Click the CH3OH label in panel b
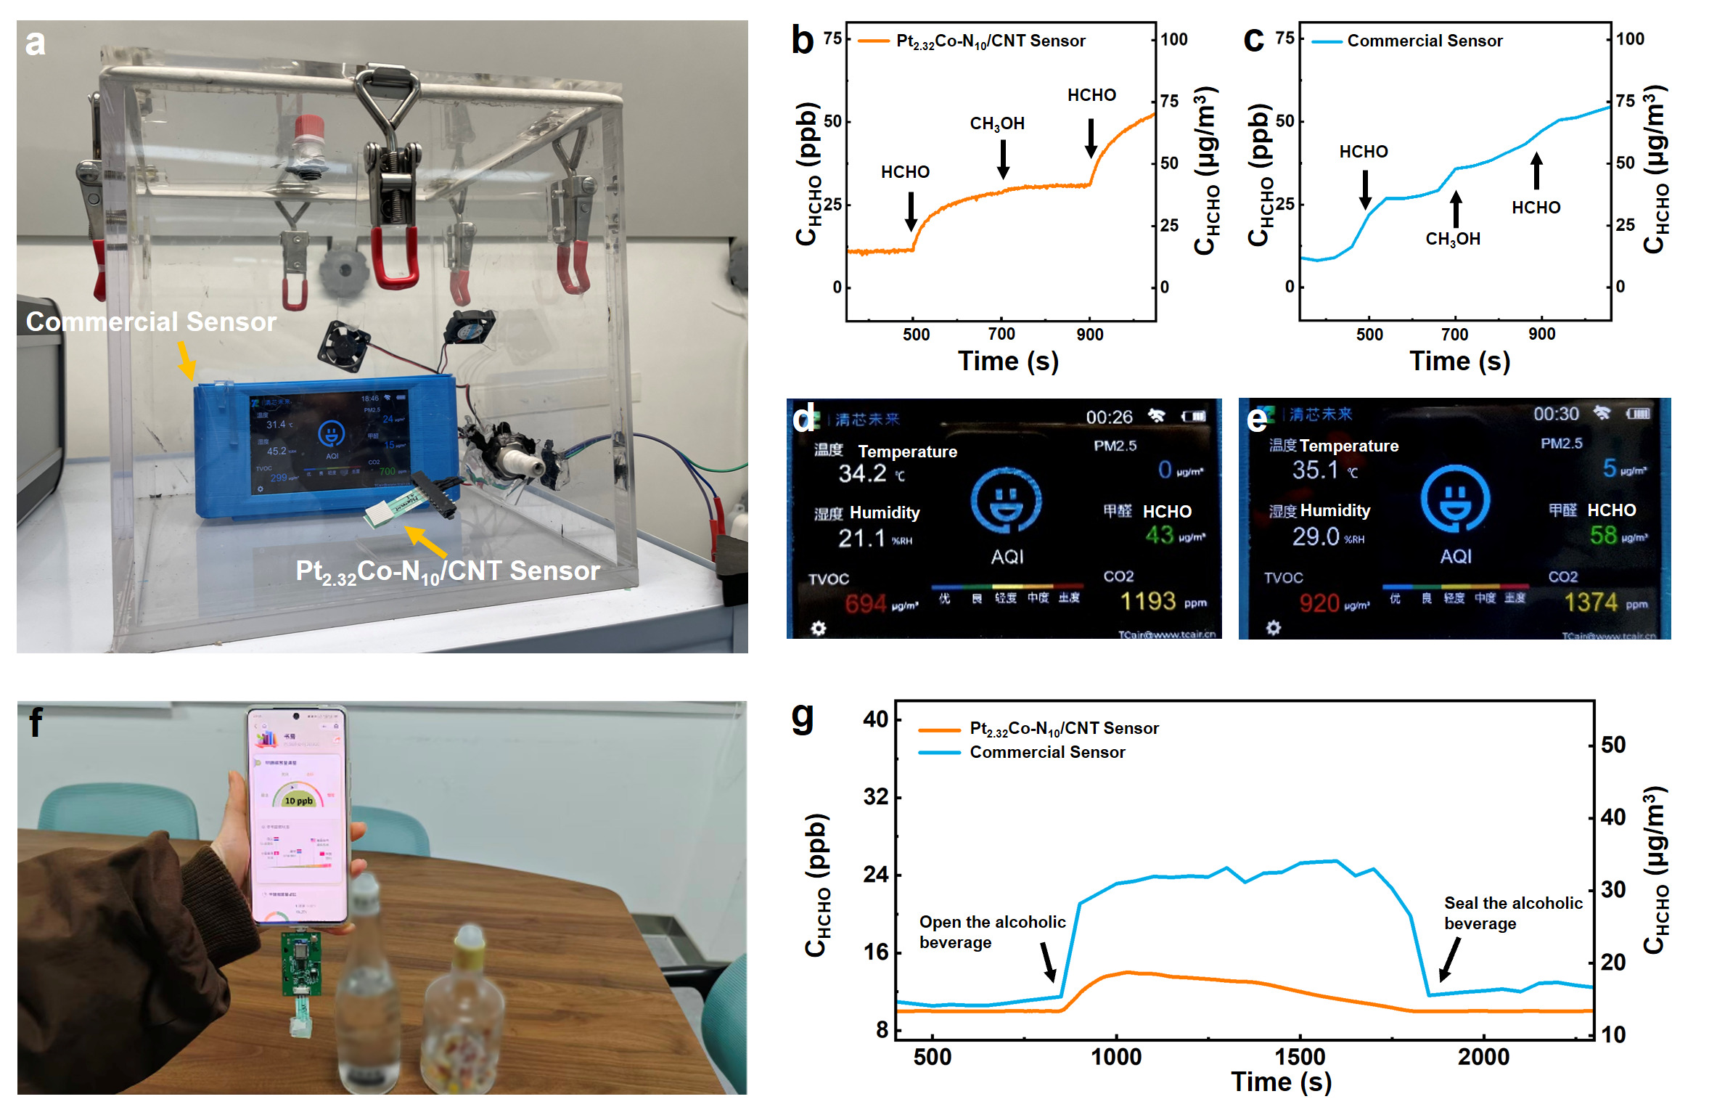tap(997, 123)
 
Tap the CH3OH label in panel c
tap(1452, 239)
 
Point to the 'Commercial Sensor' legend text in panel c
tap(1425, 41)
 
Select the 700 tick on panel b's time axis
tap(1001, 334)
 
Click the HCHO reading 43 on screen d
tap(1160, 535)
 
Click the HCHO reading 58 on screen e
tap(1603, 535)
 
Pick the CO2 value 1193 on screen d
tap(1147, 601)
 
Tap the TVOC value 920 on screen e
tap(1319, 603)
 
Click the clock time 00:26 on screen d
tap(1109, 417)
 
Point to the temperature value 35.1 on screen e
tap(1315, 470)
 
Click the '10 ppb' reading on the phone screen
tap(298, 801)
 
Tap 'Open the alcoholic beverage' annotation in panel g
tap(992, 932)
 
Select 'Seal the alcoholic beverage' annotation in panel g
tap(1512, 913)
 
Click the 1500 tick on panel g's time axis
tap(1300, 1057)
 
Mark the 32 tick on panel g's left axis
tap(876, 797)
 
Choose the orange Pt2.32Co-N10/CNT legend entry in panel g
tap(1064, 728)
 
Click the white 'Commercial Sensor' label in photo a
tap(151, 322)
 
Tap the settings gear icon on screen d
tap(819, 628)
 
